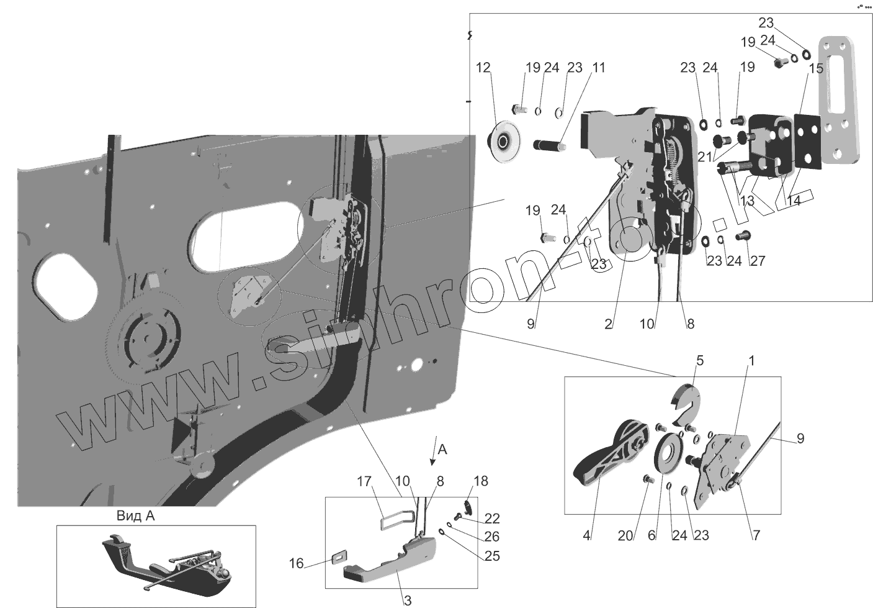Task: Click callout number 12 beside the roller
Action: [483, 67]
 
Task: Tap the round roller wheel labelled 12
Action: [503, 143]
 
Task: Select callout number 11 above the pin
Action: [598, 67]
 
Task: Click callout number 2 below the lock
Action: [608, 324]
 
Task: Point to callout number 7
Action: [756, 535]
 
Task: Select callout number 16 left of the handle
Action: [297, 563]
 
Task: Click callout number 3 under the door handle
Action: [408, 600]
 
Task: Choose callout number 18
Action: [480, 481]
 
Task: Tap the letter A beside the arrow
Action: [442, 448]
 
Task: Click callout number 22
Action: [492, 519]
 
